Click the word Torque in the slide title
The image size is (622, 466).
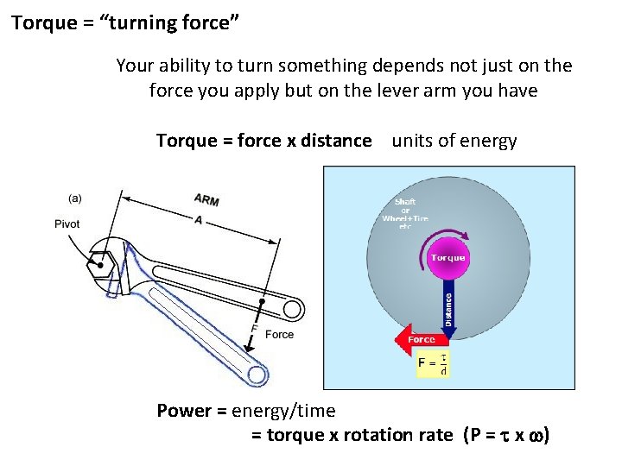(x=44, y=22)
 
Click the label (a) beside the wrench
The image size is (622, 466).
(x=75, y=198)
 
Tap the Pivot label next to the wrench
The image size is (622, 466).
(x=67, y=224)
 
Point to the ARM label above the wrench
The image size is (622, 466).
(x=206, y=200)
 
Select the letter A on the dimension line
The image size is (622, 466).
(x=199, y=220)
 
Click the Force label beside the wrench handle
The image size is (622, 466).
(x=279, y=335)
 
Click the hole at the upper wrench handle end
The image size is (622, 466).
(x=293, y=308)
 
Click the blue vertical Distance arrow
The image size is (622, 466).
(x=448, y=302)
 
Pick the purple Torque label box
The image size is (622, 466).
(x=447, y=257)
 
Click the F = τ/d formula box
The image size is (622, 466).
(x=432, y=365)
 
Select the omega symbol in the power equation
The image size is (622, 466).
(x=532, y=436)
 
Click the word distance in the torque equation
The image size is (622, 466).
(x=336, y=141)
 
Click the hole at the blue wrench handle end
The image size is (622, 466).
(x=256, y=375)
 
